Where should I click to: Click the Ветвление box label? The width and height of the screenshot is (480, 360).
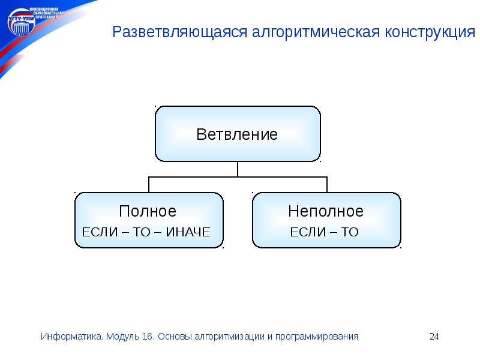pos(237,134)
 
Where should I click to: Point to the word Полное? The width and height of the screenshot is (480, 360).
pos(148,211)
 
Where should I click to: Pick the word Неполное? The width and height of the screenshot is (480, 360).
pos(326,211)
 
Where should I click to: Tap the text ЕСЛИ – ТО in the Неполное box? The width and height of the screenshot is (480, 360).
pos(324,232)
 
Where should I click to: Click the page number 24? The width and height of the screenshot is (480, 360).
pos(434,337)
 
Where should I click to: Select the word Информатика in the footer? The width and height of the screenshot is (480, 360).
pos(71,337)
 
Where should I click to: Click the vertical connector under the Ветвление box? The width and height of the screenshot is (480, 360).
pos(238,169)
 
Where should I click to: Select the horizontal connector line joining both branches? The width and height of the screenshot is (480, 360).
pos(238,176)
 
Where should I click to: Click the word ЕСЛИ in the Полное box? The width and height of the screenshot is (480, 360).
pos(95,232)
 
